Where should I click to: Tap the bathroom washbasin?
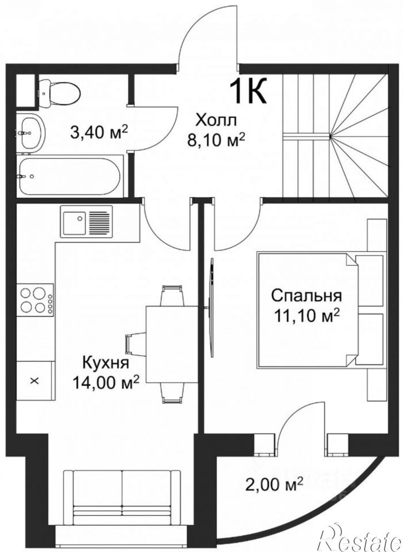(31, 133)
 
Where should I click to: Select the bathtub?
(70, 176)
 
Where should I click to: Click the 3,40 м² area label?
(99, 132)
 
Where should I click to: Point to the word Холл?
(216, 121)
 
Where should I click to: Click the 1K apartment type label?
(248, 91)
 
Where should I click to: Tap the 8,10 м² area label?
(216, 141)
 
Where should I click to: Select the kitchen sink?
(86, 221)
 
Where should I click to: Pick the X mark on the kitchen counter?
(34, 381)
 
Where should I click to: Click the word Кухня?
(106, 362)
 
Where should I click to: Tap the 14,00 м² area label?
(106, 382)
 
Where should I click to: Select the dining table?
(172, 344)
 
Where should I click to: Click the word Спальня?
(306, 295)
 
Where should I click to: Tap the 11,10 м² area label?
(307, 316)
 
